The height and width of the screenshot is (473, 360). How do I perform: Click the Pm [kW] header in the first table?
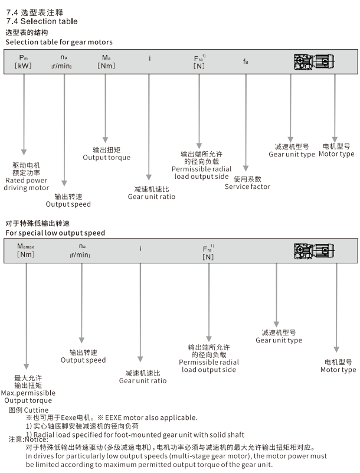pos(24,61)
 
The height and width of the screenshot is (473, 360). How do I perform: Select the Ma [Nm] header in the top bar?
pos(106,61)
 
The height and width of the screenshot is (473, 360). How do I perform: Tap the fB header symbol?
pos(246,61)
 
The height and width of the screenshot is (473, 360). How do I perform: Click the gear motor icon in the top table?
pos(313,61)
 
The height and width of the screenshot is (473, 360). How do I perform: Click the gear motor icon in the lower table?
pos(313,250)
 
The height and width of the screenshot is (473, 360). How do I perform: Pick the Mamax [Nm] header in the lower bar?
pos(25,250)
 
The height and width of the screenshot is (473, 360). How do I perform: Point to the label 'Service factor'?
pos(247,187)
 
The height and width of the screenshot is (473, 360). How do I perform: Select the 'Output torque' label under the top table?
pos(106,158)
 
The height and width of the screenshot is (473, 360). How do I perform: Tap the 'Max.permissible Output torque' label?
pos(28,396)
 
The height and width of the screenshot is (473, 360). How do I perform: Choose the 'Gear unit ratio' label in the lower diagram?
pos(143,381)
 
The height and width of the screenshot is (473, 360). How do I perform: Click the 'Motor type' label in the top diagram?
pos(336,154)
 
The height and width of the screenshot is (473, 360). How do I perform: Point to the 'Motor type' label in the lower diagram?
pos(338,370)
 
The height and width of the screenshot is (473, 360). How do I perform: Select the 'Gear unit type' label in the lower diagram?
pos(279,340)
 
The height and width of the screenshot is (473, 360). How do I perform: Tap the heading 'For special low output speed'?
pos(55,233)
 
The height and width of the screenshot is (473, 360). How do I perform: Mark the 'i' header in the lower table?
pos(140,249)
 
